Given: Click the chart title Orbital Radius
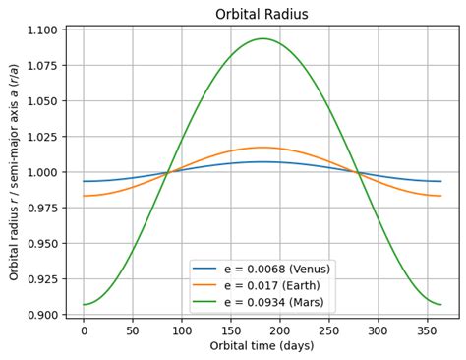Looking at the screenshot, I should tap(262, 14).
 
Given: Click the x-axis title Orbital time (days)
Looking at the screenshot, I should tap(262, 345).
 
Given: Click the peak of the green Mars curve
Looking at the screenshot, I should tap(262, 38).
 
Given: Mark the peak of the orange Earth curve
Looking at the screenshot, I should tap(262, 148).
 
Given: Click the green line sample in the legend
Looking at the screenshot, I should tap(204, 302).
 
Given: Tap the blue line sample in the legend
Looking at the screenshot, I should tap(204, 269).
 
